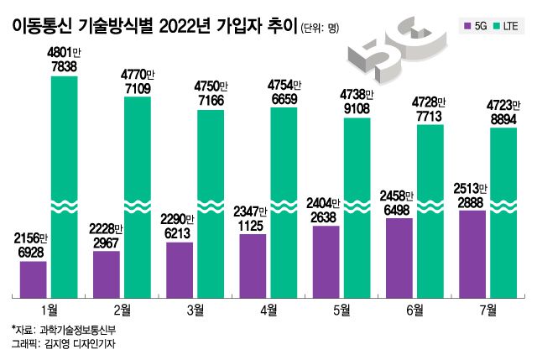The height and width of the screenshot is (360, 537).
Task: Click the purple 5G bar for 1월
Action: click(x=33, y=279)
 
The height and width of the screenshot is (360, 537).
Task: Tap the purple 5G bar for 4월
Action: click(x=253, y=264)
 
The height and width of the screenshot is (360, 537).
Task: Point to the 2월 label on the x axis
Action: click(x=122, y=310)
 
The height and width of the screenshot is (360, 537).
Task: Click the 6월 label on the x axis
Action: click(x=414, y=310)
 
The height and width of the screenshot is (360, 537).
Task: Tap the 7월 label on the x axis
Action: click(x=487, y=310)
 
